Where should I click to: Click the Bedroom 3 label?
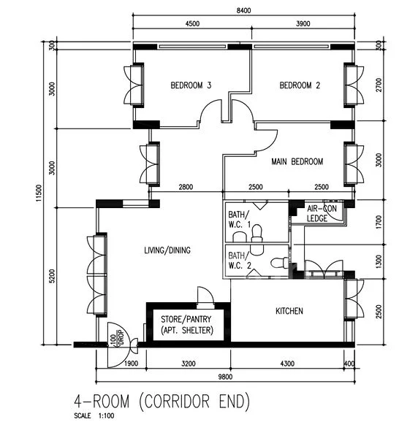pos(191,85)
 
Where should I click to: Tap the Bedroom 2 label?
pos(300,85)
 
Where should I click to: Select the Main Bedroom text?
pos(297,161)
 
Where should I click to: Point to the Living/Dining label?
pos(167,250)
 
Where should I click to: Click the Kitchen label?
pos(289,311)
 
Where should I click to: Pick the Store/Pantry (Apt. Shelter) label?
pos(187,325)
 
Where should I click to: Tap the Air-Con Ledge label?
pos(322,213)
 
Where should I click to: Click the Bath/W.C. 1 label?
pos(239,220)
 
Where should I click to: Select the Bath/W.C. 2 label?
pos(240,261)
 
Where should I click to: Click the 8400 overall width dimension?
pos(243,11)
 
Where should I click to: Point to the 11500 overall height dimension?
pos(39,193)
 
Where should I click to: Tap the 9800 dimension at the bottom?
pos(225,377)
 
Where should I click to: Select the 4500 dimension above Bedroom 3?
pos(192,24)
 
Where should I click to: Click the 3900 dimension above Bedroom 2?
pos(303,24)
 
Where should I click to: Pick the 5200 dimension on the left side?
pos(53,276)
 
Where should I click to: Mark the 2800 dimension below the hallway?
pos(186,187)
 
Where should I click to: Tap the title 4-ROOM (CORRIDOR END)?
pos(162,401)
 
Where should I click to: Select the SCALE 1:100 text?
pos(94,416)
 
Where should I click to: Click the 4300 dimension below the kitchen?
pos(287,364)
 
